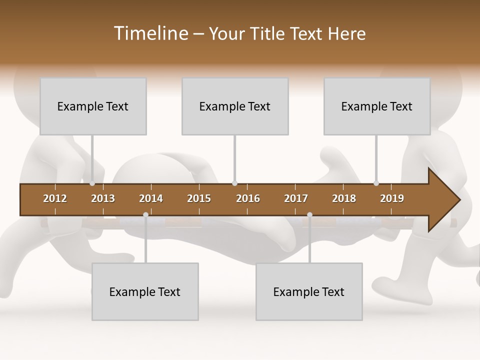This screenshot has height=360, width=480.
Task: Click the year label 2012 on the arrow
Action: click(55, 198)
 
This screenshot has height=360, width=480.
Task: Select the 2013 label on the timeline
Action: click(103, 198)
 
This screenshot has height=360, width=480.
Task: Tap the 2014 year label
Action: click(151, 198)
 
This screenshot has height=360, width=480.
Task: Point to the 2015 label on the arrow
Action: click(199, 198)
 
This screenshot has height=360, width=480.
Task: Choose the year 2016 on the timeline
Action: click(248, 198)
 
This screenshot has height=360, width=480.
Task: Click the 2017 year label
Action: click(296, 198)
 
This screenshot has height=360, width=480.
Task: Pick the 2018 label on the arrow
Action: click(344, 198)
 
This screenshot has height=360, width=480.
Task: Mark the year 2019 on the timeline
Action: click(392, 198)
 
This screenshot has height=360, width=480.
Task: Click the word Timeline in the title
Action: click(150, 33)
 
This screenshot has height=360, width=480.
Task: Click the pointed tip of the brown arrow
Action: click(458, 200)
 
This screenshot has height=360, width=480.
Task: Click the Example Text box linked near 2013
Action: click(93, 106)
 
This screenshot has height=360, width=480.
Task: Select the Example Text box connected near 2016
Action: click(235, 106)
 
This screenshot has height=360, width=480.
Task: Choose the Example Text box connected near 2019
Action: click(377, 106)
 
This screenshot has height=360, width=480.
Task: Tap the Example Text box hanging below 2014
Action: click(145, 291)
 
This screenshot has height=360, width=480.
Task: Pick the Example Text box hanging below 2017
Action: click(309, 291)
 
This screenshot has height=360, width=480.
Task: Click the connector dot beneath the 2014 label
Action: click(145, 215)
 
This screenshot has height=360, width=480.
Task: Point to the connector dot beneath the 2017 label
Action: click(309, 215)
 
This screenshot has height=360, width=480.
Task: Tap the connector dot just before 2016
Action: click(234, 183)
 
